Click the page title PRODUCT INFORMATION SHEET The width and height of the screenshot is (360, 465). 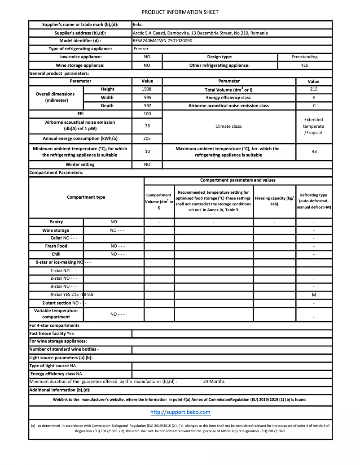[180, 12]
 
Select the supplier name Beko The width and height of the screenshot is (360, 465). [138, 25]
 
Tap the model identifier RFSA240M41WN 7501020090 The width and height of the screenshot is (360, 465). [162, 40]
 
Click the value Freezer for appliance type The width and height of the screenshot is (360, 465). [141, 48]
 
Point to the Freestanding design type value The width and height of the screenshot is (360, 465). [304, 57]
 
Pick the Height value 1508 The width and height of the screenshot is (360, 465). [147, 89]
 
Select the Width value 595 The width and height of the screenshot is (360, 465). [147, 97]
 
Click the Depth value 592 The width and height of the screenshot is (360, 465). [147, 106]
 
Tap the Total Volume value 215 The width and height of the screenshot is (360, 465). [314, 89]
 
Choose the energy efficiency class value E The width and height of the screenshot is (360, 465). [314, 97]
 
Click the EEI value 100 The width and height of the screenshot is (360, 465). [147, 114]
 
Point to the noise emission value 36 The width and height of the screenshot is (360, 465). [147, 126]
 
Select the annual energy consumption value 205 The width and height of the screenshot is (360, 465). [147, 138]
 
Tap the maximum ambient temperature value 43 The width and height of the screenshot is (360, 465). [314, 152]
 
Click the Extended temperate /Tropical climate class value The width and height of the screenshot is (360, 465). [313, 126]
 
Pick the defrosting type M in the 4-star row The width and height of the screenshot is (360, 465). [314, 295]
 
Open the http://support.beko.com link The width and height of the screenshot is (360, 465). [180, 412]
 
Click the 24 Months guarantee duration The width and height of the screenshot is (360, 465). [214, 382]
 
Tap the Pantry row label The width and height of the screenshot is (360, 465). [56, 222]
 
